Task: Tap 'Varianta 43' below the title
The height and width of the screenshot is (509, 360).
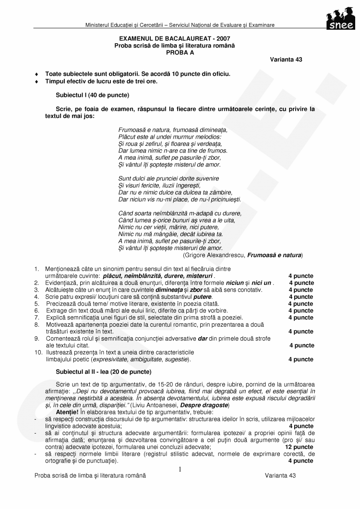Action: tap(286, 60)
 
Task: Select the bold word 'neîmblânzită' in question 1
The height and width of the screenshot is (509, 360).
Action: tap(144, 276)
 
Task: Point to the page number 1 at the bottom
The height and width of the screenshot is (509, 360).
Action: tap(180, 469)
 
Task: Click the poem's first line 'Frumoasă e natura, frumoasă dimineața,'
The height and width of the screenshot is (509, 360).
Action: tap(172, 130)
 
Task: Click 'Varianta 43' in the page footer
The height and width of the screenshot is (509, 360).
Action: tap(280, 475)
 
